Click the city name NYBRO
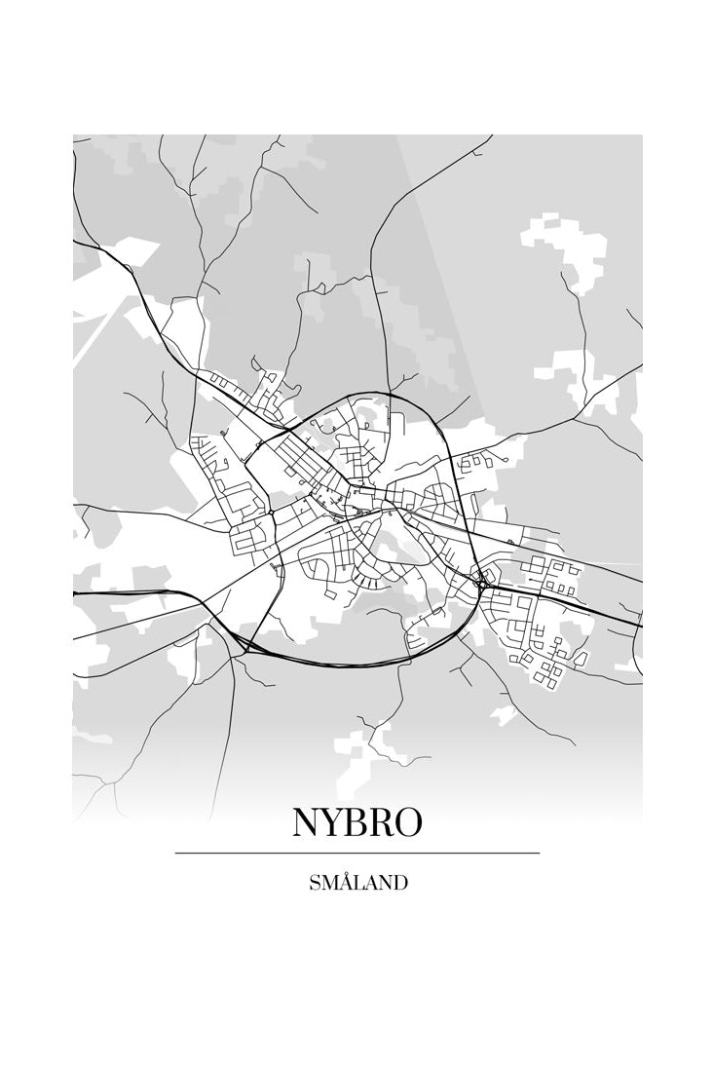pyautogui.click(x=356, y=822)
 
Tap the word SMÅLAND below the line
pyautogui.click(x=357, y=884)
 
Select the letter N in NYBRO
pyautogui.click(x=306, y=822)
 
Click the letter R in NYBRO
pyautogui.click(x=381, y=822)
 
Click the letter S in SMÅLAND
pyautogui.click(x=314, y=884)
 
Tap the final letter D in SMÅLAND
pyautogui.click(x=400, y=884)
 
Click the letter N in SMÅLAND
pyautogui.click(x=385, y=884)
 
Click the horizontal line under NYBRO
pyautogui.click(x=356, y=854)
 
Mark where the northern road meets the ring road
pyautogui.click(x=388, y=395)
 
